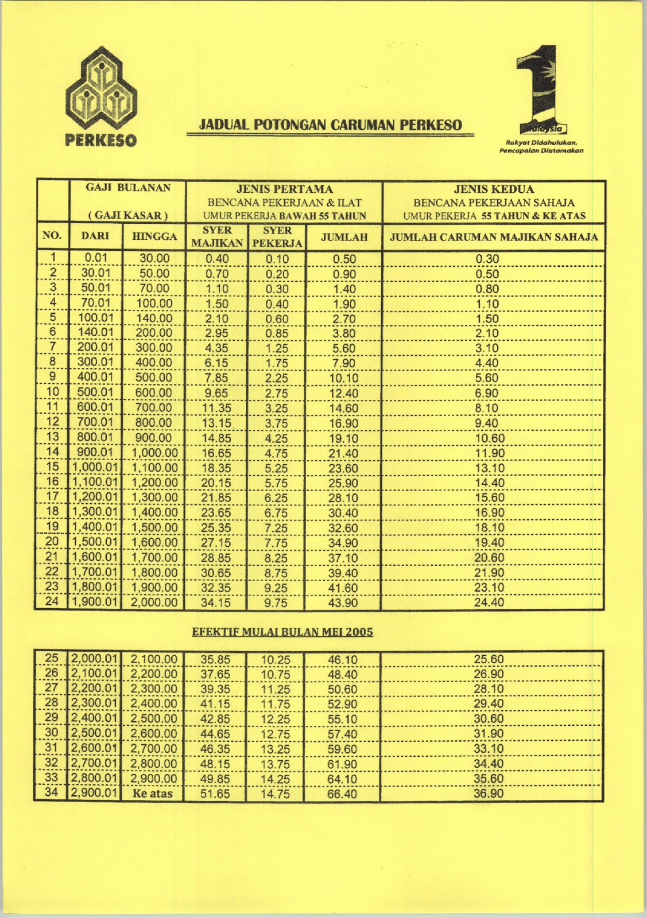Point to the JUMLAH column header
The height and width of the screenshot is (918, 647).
click(344, 237)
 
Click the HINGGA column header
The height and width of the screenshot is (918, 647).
click(154, 236)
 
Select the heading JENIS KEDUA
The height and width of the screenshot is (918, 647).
click(494, 189)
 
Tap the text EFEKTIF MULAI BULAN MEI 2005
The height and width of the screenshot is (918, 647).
click(282, 632)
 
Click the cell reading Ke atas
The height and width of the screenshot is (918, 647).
click(152, 794)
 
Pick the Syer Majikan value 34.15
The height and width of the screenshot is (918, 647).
click(215, 602)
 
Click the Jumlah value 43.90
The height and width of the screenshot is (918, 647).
click(343, 602)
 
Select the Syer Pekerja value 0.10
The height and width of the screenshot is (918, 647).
click(277, 259)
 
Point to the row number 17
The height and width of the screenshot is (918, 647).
click(52, 497)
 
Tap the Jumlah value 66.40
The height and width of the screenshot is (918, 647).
click(342, 794)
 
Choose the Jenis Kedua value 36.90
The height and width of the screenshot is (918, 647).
click(489, 793)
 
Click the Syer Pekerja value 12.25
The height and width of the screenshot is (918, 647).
click(276, 719)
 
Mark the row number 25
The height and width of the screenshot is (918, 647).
click(52, 659)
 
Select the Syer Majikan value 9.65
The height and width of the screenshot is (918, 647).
click(216, 393)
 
